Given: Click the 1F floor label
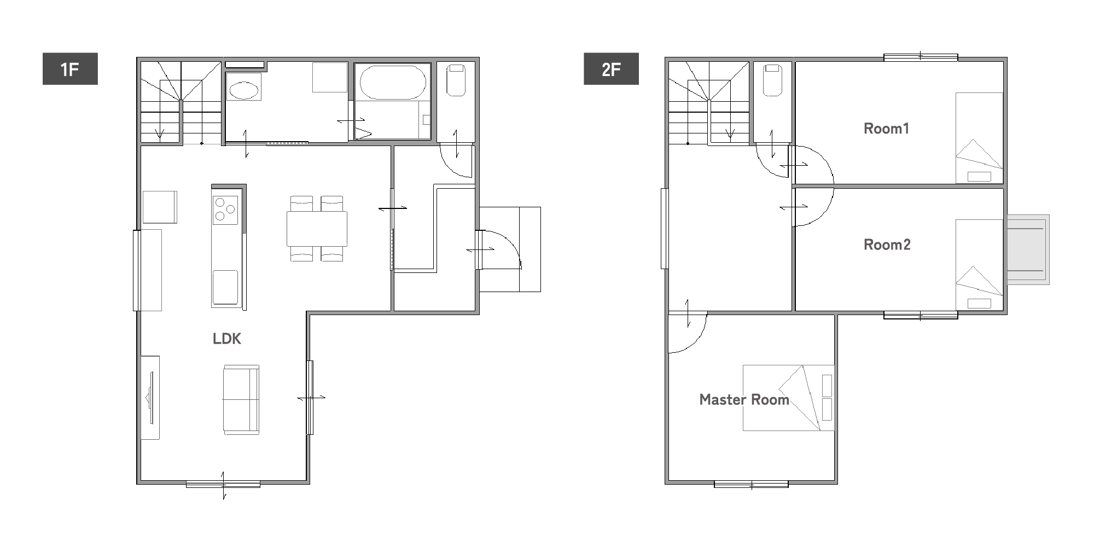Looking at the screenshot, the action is point(70,69).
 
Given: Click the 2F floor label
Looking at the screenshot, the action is point(611,69).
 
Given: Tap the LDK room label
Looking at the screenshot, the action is point(227,339).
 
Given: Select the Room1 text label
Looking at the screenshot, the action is point(886,129).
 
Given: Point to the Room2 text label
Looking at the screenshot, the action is point(887,245).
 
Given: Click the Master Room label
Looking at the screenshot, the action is point(744,400).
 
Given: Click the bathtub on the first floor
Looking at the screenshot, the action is point(392,83).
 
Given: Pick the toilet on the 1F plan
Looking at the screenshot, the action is point(456,80).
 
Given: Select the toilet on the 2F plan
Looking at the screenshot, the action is point(772,80).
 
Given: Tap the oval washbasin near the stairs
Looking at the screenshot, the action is point(243,90).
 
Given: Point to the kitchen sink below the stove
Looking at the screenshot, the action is point(225,287).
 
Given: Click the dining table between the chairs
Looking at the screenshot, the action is point(317,229).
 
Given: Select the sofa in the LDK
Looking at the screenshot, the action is point(241,399).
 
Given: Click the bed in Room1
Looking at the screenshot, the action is point(979,138).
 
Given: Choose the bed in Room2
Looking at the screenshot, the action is point(979,265).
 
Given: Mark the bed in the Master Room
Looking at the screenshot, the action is point(788,398).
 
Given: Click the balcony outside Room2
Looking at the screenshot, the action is point(1028,249).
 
